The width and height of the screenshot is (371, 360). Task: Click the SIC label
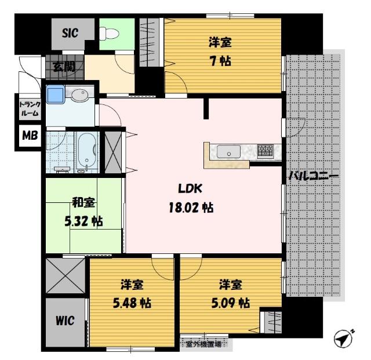(70, 33)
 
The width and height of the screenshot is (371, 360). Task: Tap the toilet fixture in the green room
(108, 34)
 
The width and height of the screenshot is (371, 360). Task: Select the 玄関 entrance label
(64, 67)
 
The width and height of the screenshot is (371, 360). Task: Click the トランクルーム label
(30, 108)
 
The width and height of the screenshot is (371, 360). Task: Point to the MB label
(30, 136)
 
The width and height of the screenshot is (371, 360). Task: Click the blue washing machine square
(56, 94)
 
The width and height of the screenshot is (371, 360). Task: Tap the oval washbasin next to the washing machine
(80, 95)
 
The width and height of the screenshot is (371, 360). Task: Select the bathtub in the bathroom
(87, 151)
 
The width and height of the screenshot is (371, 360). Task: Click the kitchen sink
(228, 151)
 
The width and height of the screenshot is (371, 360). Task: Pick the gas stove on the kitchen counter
(265, 151)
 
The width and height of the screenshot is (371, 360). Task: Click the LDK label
(190, 188)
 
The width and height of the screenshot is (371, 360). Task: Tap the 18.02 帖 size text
(191, 208)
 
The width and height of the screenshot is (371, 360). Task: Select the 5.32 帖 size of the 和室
(83, 221)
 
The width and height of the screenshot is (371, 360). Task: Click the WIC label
(65, 321)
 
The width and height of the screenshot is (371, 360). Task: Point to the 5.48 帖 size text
(132, 303)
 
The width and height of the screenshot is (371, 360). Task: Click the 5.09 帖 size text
(231, 303)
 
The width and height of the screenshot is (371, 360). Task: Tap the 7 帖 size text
(220, 61)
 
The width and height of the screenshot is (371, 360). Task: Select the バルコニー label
(314, 176)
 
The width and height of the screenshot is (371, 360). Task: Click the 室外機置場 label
(203, 344)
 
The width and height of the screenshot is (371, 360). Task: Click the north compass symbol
(344, 338)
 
